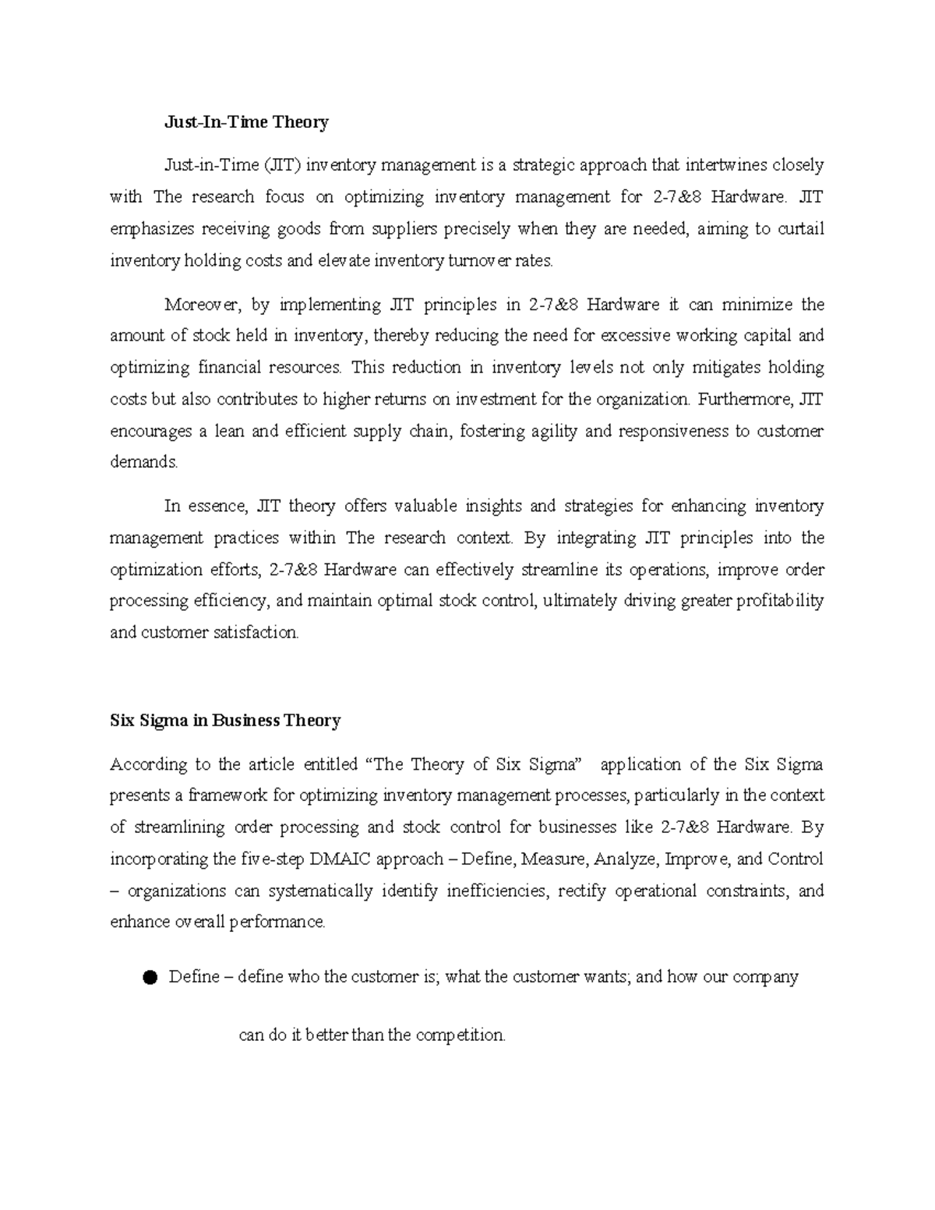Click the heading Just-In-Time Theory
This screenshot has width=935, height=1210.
click(x=246, y=122)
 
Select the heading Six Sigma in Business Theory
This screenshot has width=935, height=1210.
click(x=225, y=720)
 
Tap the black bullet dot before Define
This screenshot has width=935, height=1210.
click(x=150, y=977)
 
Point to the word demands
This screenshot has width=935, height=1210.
click(x=143, y=462)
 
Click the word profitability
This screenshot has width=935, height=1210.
click(x=775, y=601)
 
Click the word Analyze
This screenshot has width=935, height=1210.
click(x=626, y=859)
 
